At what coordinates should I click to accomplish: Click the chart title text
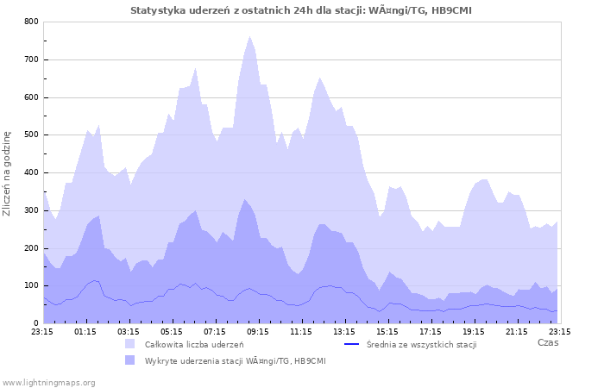tap(301, 10)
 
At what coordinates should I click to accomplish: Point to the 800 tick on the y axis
tap(32, 22)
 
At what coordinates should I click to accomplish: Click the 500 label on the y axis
tap(32, 135)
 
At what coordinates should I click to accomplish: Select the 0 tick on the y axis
tap(35, 323)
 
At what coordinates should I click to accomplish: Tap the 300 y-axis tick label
tap(32, 210)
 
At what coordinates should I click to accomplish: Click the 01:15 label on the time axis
tap(85, 330)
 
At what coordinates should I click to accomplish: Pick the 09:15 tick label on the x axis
tap(258, 330)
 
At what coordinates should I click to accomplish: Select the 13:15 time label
tap(344, 330)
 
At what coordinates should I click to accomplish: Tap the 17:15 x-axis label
tap(431, 330)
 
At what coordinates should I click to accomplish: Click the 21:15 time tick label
tap(517, 330)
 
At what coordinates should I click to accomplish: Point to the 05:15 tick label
tap(172, 330)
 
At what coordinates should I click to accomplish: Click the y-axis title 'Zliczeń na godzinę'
tap(7, 172)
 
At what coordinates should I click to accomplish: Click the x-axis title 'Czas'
tap(547, 342)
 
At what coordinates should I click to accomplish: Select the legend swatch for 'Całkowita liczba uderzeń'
tap(130, 344)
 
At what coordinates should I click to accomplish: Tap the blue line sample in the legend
tap(350, 344)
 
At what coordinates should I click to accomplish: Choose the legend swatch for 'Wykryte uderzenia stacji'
tap(130, 360)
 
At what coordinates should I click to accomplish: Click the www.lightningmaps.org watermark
tap(48, 382)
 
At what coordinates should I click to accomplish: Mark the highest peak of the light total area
tap(249, 36)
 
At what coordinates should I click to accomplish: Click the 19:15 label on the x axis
tap(474, 330)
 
